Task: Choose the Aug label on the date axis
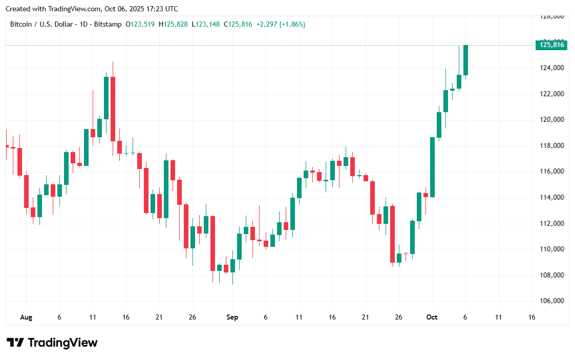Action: pyautogui.click(x=26, y=317)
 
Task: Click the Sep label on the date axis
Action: pyautogui.click(x=232, y=317)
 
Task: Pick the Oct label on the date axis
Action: pyautogui.click(x=432, y=317)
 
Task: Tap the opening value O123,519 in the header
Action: pyautogui.click(x=141, y=24)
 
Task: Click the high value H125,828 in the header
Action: pyautogui.click(x=174, y=24)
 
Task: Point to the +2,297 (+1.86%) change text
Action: pyautogui.click(x=281, y=24)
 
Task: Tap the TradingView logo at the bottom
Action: pyautogui.click(x=52, y=343)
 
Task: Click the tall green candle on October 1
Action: pyautogui.click(x=433, y=167)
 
